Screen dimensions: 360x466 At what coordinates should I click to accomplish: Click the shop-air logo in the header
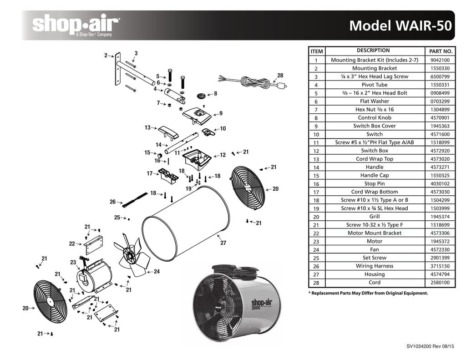[75, 25]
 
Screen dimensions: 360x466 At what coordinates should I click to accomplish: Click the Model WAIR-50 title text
[400, 25]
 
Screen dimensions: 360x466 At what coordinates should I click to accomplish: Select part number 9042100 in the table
[440, 60]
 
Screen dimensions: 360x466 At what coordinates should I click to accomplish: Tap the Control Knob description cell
[374, 118]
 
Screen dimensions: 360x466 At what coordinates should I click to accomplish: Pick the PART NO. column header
[440, 51]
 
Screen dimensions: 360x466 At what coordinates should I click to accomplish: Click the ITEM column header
[316, 51]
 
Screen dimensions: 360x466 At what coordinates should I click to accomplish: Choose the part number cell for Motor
[440, 242]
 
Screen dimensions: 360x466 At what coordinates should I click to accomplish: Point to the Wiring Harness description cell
[374, 266]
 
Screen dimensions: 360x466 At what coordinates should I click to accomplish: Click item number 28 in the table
[316, 283]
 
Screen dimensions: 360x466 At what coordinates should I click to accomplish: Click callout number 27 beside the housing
[223, 243]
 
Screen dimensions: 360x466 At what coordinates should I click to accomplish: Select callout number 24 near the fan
[157, 272]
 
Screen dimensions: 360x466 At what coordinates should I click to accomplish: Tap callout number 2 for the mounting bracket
[106, 56]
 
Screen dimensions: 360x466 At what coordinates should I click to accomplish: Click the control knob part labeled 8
[201, 96]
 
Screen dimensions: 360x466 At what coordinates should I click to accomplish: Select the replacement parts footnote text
[368, 294]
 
